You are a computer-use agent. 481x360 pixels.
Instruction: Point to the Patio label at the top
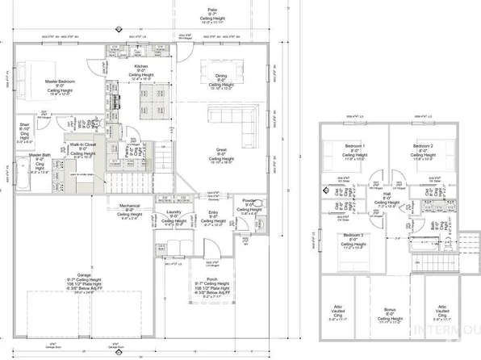click(212, 10)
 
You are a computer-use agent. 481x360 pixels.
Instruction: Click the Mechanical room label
click(130, 207)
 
